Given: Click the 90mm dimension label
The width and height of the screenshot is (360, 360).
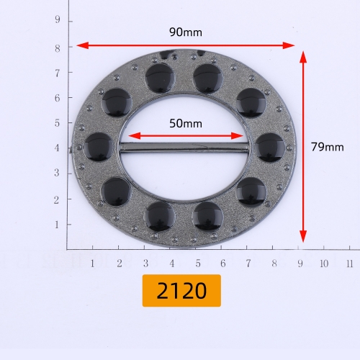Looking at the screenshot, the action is click(x=186, y=32).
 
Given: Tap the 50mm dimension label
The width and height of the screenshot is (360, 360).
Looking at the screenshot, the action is click(x=186, y=124).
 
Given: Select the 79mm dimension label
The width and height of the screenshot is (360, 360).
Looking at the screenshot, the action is click(x=328, y=147).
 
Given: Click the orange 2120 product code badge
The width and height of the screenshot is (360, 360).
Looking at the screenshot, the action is click(x=181, y=291).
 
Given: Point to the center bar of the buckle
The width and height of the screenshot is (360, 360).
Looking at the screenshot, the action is click(x=184, y=147).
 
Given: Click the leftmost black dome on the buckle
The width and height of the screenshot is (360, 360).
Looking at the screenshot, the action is click(x=99, y=147).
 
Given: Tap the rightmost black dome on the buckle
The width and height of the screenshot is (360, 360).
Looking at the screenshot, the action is click(x=270, y=148).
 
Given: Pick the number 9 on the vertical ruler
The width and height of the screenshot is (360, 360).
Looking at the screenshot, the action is click(x=58, y=19).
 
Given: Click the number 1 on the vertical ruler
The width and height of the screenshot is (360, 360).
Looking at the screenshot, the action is click(x=57, y=225).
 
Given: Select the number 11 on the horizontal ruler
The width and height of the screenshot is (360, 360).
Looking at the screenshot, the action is click(x=350, y=264).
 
